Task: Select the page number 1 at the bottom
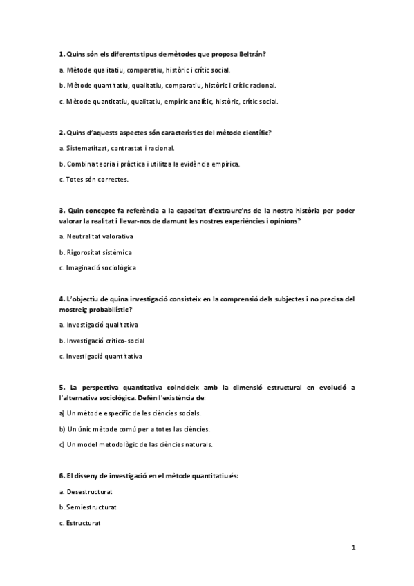353,549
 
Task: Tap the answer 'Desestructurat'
90,491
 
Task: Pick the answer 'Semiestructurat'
91,507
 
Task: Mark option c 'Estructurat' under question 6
84,523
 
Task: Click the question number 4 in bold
61,299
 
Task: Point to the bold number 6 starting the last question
61,477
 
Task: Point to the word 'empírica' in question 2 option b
227,164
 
